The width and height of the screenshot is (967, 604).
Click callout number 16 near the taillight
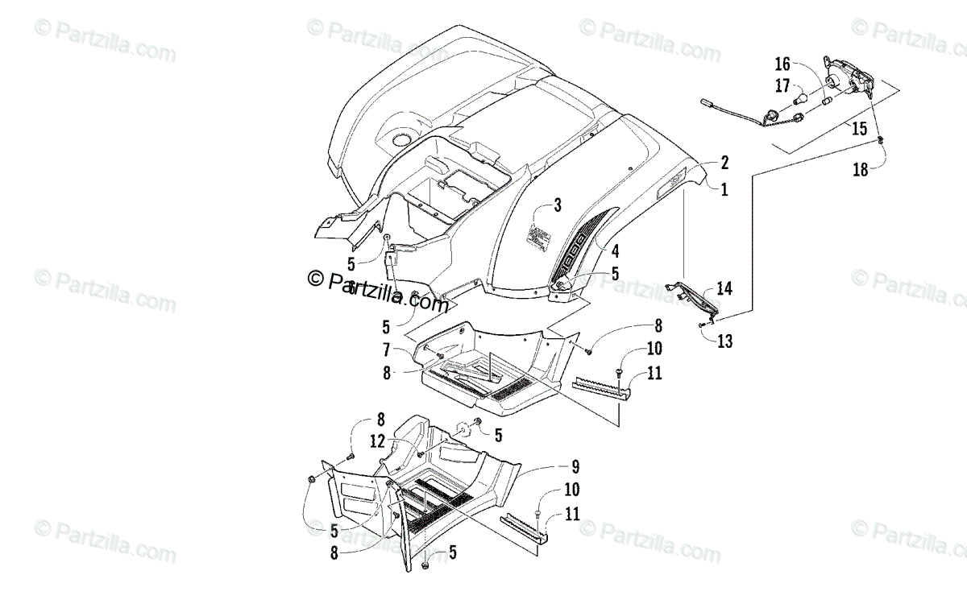pos(783,64)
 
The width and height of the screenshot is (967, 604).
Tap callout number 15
pos(859,128)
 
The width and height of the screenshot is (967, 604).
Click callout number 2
pos(724,163)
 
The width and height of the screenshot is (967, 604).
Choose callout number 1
pos(724,190)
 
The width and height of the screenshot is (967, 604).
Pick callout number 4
pos(615,250)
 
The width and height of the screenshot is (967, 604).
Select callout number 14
pos(725,288)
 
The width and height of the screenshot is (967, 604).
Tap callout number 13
pos(725,341)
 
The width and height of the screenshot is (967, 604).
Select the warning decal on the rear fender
pos(542,237)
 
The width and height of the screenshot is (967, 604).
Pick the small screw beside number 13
pos(703,324)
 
